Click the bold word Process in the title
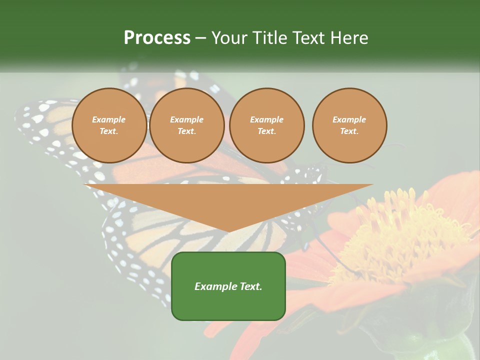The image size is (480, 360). (157, 38)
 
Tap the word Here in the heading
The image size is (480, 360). (349, 38)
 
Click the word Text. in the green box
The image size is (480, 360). (250, 286)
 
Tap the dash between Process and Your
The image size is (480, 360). (200, 38)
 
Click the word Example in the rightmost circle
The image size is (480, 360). (349, 119)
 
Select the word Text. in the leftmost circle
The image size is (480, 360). (109, 131)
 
